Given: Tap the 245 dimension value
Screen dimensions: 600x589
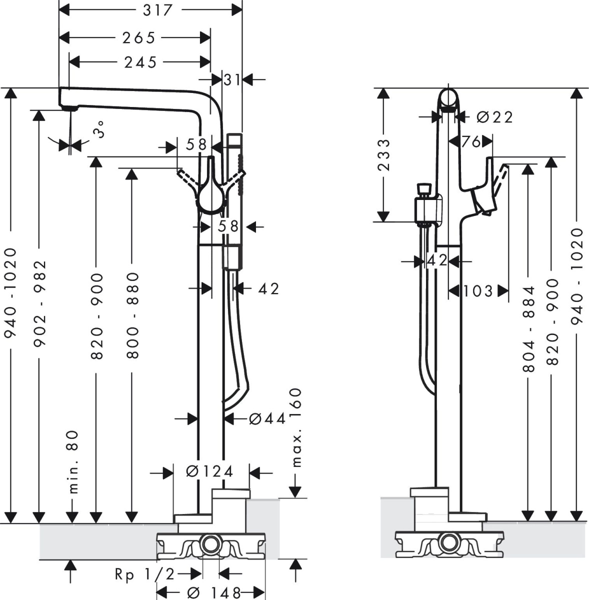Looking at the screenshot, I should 140,62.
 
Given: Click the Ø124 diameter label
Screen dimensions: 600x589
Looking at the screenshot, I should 209,471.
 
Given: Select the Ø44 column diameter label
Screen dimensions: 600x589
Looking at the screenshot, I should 267,418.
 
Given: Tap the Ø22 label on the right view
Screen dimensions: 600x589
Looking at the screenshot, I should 494,117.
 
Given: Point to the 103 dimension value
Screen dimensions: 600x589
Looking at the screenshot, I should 478,290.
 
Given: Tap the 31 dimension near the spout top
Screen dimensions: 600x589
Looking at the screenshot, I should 232,78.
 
